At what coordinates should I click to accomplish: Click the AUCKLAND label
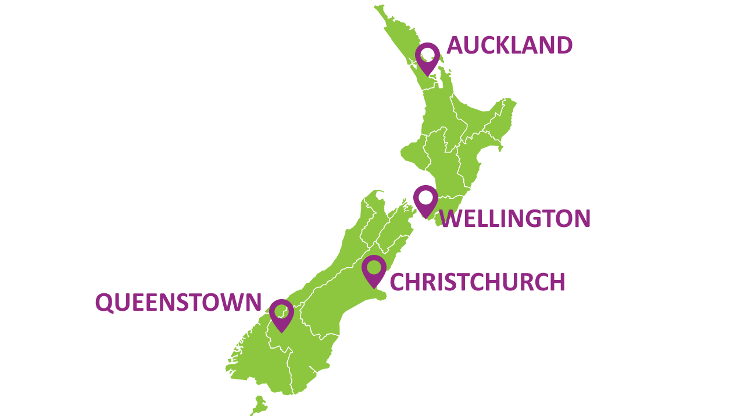point(509,45)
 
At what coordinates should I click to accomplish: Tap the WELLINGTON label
point(515,219)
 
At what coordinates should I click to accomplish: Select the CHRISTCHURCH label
point(477,282)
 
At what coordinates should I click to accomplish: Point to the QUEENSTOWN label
point(178,303)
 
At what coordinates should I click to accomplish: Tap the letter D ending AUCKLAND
point(564,45)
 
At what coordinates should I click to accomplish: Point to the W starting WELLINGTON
point(450,219)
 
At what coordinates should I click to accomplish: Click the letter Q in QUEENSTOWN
point(104,303)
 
